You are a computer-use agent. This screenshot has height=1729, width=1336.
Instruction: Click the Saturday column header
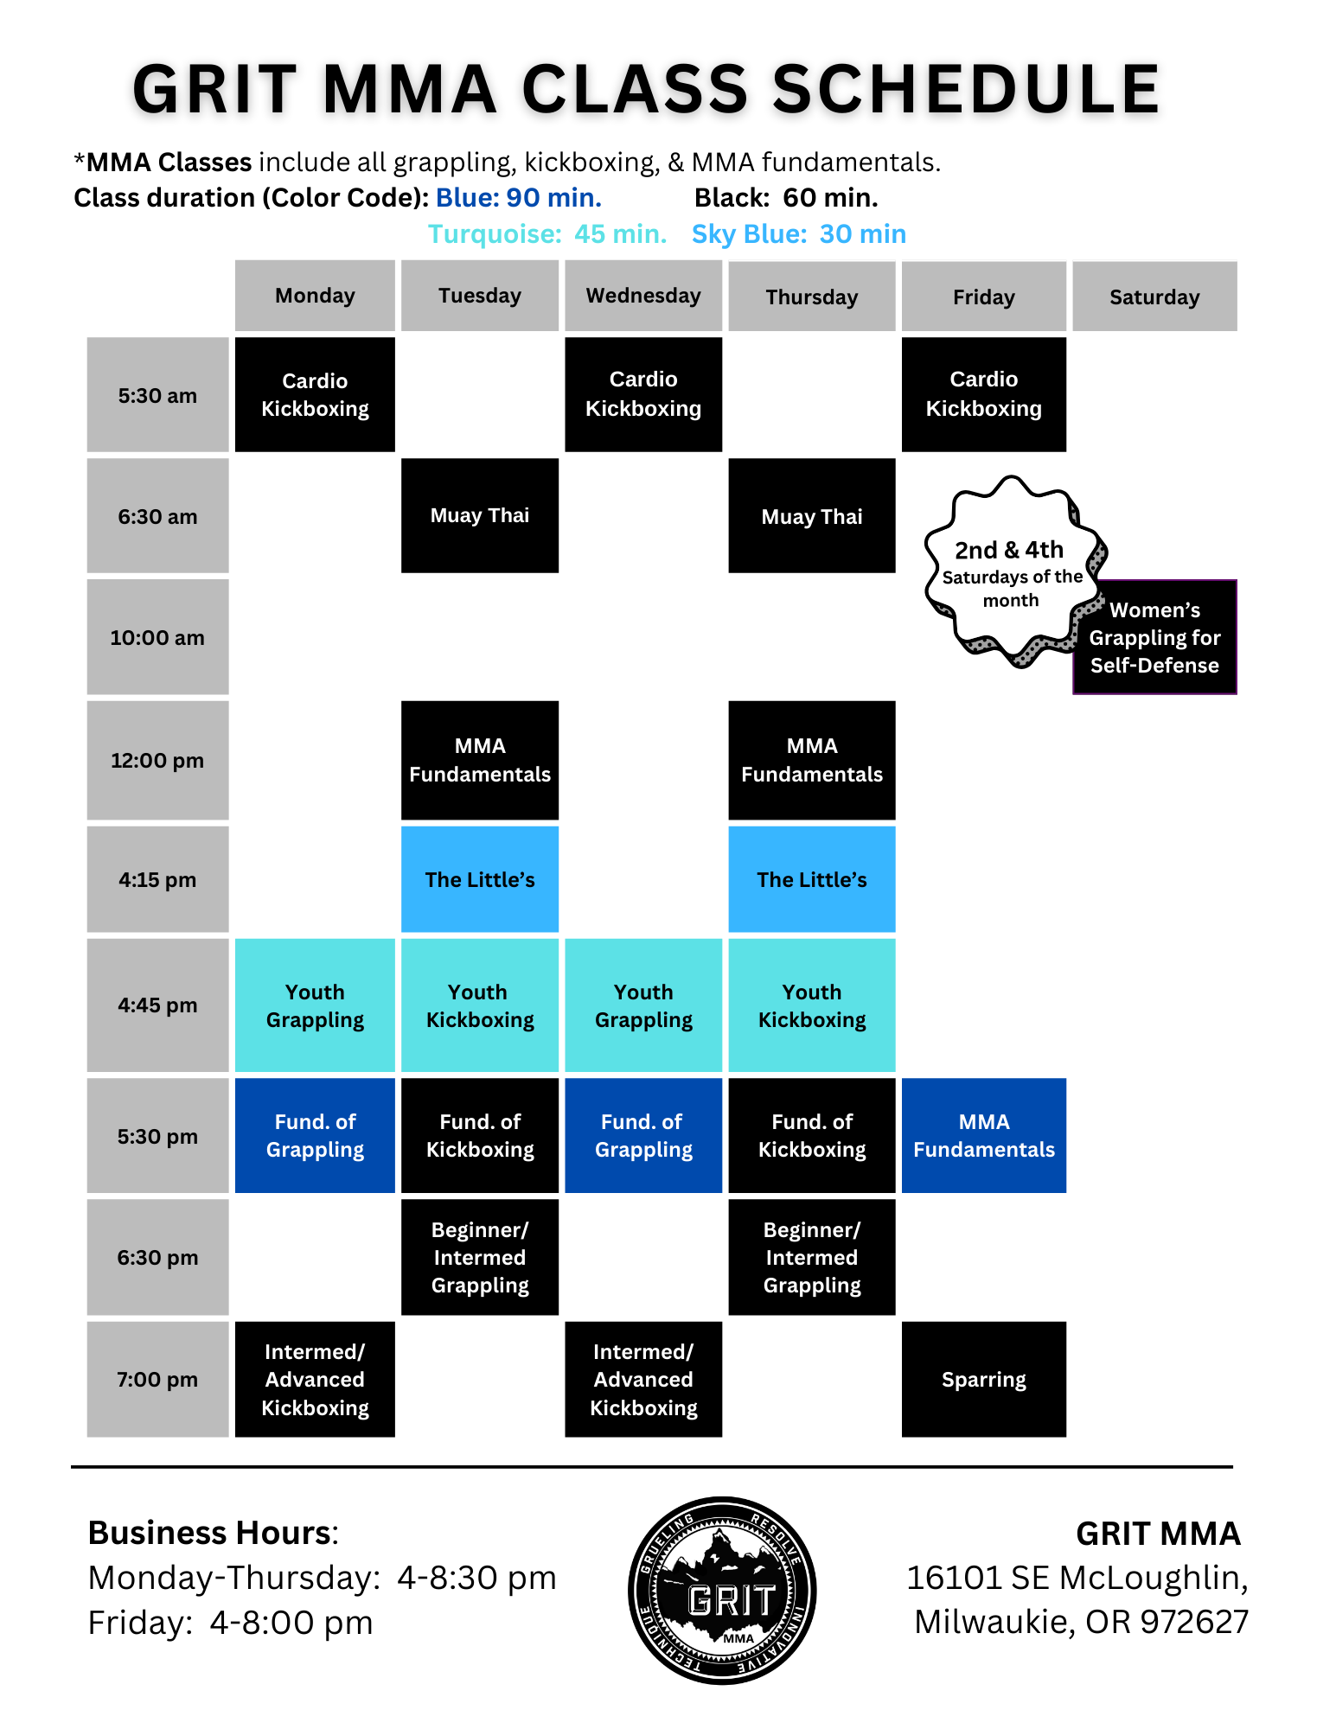[1154, 297]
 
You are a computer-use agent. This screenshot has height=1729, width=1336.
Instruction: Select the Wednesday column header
[643, 296]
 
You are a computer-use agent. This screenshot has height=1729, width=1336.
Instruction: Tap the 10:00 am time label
[157, 637]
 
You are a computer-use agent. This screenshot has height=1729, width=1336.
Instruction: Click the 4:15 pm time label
[157, 879]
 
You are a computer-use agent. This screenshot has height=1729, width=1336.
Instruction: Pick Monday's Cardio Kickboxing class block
[315, 394]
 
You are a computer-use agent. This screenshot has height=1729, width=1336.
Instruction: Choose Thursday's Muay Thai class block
[811, 516]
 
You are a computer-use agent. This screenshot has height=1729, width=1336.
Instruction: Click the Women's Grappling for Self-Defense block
[1154, 638]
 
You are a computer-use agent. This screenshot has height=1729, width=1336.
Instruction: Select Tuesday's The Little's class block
[480, 879]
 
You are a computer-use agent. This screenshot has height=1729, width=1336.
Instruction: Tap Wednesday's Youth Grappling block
[643, 1005]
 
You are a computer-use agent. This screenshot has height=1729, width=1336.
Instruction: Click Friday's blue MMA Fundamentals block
[983, 1135]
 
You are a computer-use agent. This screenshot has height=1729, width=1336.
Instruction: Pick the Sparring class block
[983, 1379]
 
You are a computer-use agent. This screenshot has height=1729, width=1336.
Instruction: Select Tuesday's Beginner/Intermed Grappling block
[480, 1257]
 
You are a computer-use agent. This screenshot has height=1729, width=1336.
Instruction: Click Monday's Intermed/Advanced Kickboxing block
[315, 1379]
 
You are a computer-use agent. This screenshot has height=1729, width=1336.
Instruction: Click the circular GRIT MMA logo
[722, 1591]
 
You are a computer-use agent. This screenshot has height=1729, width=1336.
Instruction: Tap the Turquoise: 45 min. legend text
[547, 234]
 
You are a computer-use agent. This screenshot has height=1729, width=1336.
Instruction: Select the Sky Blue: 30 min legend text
[799, 234]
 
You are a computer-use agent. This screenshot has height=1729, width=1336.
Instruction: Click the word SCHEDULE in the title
[966, 89]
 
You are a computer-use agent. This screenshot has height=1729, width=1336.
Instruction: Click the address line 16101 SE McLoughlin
[1077, 1578]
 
